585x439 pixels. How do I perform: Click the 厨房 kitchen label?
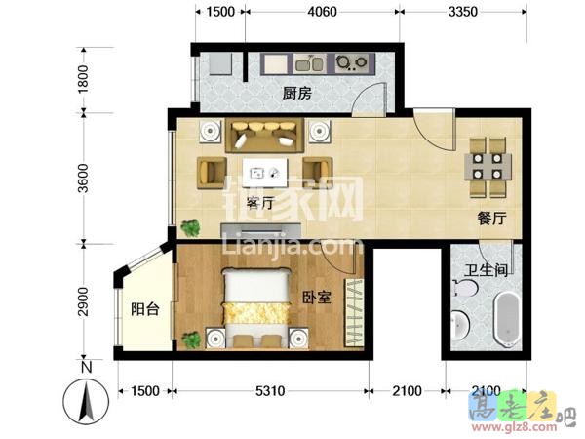click(x=297, y=93)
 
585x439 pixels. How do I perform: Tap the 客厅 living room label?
click(x=260, y=203)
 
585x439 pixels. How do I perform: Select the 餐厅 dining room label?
click(x=492, y=218)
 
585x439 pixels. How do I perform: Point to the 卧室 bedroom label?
click(x=316, y=298)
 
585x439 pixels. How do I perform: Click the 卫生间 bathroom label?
click(x=487, y=270)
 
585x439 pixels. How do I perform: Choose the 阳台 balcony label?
click(x=145, y=309)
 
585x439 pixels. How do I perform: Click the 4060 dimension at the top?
click(x=322, y=12)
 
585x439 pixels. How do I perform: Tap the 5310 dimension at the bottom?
click(x=270, y=391)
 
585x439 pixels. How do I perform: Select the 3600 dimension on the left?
click(x=83, y=179)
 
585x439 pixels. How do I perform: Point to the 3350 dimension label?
click(x=462, y=12)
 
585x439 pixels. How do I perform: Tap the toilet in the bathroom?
click(x=465, y=288)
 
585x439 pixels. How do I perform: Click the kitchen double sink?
click(x=309, y=64)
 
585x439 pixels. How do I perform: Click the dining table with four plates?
click(x=487, y=167)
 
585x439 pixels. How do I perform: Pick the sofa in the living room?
click(x=264, y=136)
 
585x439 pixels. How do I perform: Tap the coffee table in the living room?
click(x=265, y=173)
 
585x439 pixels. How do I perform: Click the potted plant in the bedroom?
click(x=191, y=339)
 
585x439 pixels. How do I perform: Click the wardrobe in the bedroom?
click(x=354, y=312)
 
